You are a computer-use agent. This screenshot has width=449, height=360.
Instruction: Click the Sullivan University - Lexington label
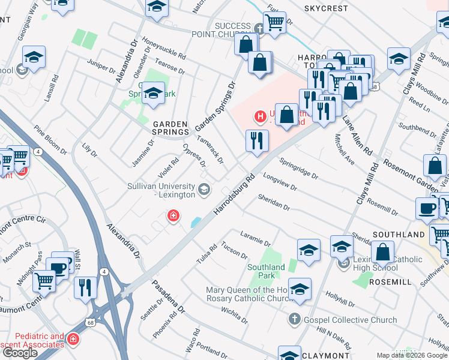pos(161,191)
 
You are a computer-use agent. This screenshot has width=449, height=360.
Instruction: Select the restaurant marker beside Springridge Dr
pos(257,141)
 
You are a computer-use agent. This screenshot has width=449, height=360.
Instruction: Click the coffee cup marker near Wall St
pos(59,268)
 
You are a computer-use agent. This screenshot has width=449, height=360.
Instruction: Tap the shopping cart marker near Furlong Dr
pos(274,23)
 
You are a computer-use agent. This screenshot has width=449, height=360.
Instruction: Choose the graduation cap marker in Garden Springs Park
pos(153,94)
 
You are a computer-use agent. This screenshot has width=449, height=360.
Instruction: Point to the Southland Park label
pos(266,271)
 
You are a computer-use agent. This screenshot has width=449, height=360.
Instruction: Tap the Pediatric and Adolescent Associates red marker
pos(73,340)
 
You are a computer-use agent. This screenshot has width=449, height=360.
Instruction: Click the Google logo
pos(20,353)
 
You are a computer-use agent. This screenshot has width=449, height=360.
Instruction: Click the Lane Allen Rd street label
pos(358,131)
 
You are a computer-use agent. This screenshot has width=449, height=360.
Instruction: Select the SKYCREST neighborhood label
pos(326,9)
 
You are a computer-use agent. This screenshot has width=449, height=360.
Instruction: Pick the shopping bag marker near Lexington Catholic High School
pos(382,253)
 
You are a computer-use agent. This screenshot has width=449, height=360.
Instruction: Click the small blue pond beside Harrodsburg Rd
pos(196,223)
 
